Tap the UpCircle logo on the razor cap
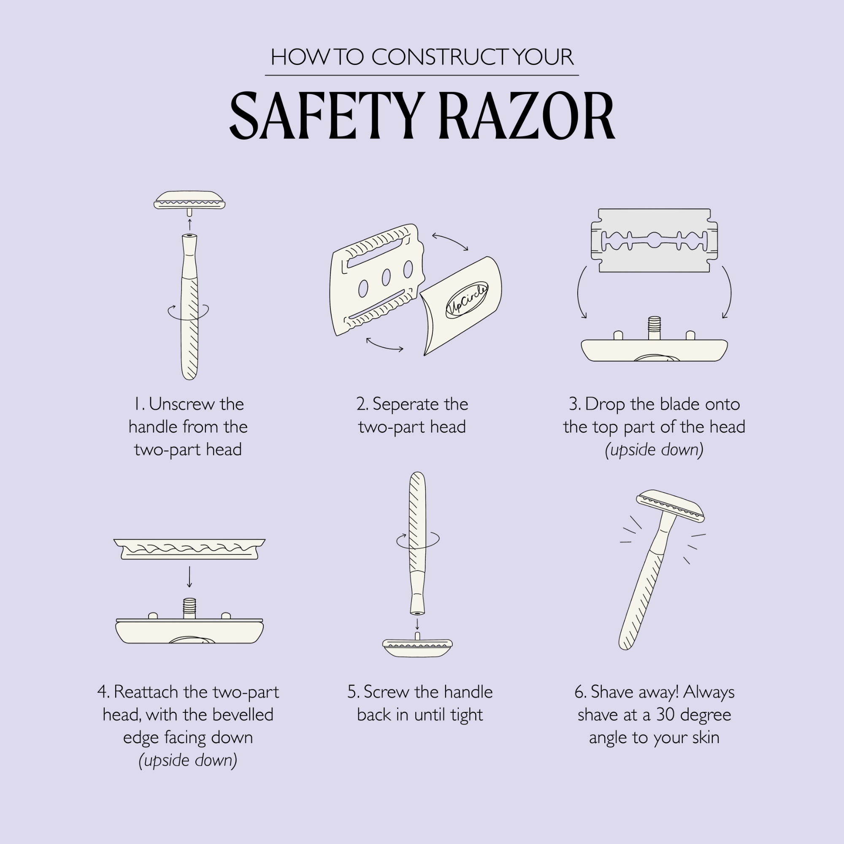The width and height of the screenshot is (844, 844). click(467, 300)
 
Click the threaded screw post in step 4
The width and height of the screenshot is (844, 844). click(189, 608)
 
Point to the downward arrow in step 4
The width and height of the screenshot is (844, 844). click(189, 576)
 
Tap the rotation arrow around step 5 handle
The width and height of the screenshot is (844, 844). click(418, 540)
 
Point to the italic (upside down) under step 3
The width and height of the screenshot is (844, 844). click(654, 449)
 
